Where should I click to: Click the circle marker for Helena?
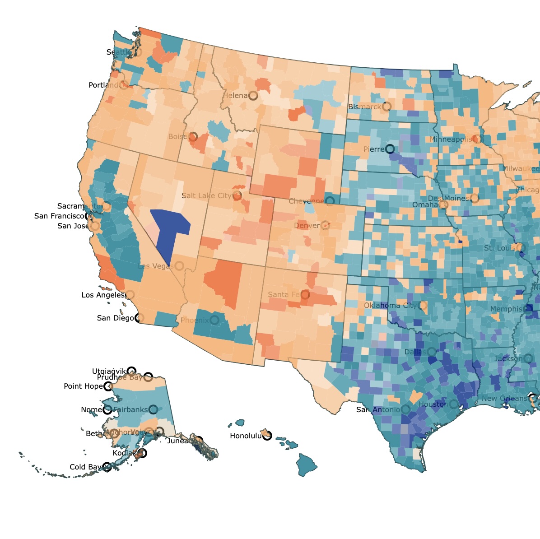(x=253, y=95)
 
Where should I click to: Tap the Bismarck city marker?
(x=386, y=107)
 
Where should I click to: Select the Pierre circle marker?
(x=390, y=149)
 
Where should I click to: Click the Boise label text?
(x=177, y=136)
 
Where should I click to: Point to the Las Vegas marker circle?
(x=179, y=266)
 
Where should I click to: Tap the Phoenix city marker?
(x=214, y=320)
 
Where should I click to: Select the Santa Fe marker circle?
(x=305, y=294)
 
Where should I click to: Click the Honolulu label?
(x=246, y=436)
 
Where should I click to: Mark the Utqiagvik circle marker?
(x=131, y=371)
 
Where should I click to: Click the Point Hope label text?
(x=83, y=386)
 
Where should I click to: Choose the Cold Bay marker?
(x=107, y=467)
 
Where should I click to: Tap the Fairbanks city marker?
(x=153, y=409)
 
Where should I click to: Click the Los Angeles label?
(x=103, y=295)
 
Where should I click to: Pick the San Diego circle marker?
(x=140, y=318)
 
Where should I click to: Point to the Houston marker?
(x=453, y=404)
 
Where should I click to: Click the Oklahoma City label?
(x=391, y=305)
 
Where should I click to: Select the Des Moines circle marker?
(x=474, y=198)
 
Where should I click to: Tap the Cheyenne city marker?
(x=330, y=201)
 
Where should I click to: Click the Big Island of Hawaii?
(x=307, y=465)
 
